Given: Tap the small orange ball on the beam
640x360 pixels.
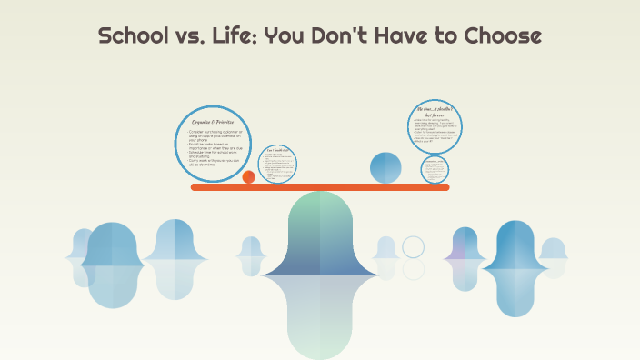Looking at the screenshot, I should [x=248, y=176].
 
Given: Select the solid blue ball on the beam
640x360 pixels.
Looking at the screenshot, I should [x=385, y=167].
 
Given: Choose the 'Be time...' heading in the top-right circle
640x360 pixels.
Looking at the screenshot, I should [x=432, y=111].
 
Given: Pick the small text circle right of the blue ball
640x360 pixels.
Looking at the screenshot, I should [x=435, y=168].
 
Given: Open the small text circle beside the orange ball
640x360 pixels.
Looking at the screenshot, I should [x=278, y=163].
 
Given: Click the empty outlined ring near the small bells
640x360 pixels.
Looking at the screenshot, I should [x=414, y=247].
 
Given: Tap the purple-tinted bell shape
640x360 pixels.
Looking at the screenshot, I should [x=465, y=246].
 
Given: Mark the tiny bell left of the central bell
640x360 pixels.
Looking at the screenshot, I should [x=251, y=248].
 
